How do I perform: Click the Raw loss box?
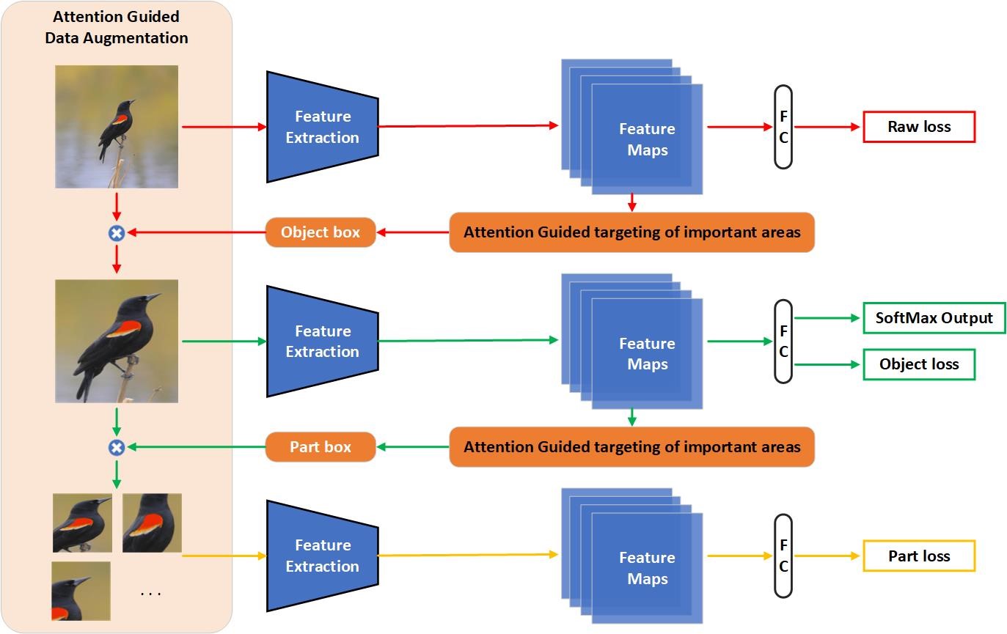919,127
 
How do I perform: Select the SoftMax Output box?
934,318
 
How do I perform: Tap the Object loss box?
919,364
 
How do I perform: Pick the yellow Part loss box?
919,556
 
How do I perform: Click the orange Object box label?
321,232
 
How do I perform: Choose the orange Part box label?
321,446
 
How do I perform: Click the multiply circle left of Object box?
117,233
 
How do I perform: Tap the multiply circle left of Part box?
117,448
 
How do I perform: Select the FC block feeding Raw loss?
783,127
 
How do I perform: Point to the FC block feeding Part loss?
783,556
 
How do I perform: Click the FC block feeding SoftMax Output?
783,342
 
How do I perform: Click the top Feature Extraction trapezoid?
322,127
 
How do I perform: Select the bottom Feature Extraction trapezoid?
322,556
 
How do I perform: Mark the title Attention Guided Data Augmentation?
117,27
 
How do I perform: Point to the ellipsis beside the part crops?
150,594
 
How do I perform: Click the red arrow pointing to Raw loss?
827,127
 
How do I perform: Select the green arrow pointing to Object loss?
827,364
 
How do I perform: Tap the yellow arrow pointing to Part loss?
827,556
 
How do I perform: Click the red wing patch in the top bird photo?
120,119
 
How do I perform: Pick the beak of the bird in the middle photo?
153,297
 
